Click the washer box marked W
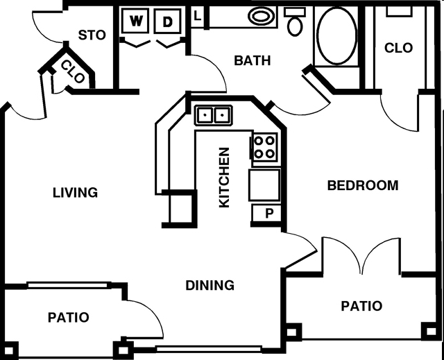pos(137,22)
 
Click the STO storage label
pos(92,35)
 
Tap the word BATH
pos(252,60)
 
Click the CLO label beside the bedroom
pos(398,48)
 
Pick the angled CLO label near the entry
pos(74,72)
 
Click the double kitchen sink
pos(213,114)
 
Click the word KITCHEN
pos(225,177)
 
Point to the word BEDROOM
pos(362,185)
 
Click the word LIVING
pos(75,192)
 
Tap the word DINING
pos(210,285)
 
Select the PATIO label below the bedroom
pos(361,306)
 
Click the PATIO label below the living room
pos(68,318)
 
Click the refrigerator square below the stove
pos(264,185)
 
